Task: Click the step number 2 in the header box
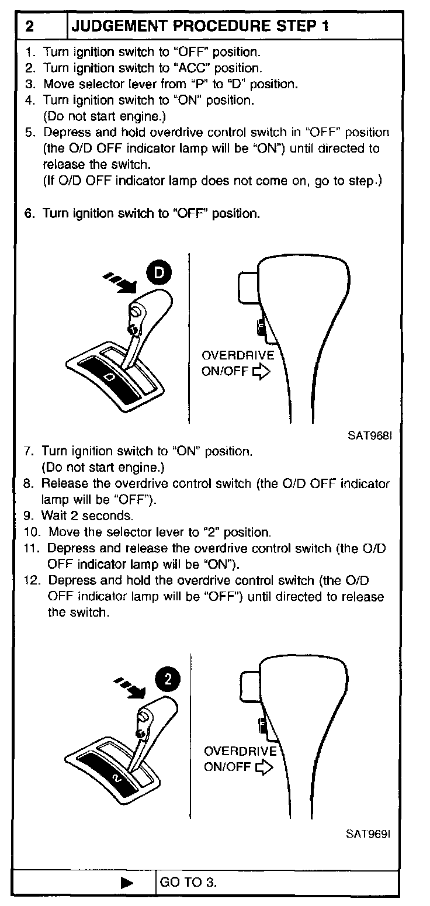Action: pyautogui.click(x=30, y=26)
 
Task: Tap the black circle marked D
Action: pyautogui.click(x=159, y=272)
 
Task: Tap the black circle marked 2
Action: pyautogui.click(x=168, y=679)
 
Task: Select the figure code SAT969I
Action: pyautogui.click(x=366, y=834)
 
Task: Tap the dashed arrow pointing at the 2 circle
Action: pyautogui.click(x=130, y=688)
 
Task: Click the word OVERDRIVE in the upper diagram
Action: pyautogui.click(x=237, y=356)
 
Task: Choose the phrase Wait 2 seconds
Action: pyautogui.click(x=87, y=516)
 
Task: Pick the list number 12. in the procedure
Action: pyautogui.click(x=33, y=581)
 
